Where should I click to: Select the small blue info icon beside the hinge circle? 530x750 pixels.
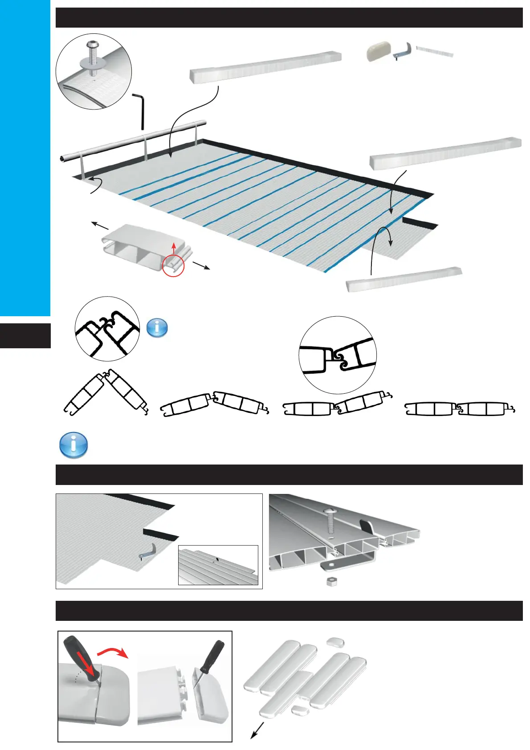click(157, 328)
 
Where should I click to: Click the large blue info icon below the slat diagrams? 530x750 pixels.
click(73, 444)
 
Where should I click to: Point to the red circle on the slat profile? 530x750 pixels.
click(173, 265)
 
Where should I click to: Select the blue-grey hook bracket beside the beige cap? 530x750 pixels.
click(403, 51)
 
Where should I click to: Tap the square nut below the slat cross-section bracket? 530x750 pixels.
click(330, 581)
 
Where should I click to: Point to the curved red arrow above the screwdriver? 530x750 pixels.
click(112, 652)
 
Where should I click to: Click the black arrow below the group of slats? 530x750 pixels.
click(257, 730)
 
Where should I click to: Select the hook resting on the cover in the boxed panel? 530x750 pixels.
click(147, 552)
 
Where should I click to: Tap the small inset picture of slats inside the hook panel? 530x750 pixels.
click(218, 565)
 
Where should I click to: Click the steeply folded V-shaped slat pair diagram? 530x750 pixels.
click(106, 392)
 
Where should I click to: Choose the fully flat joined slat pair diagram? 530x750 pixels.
click(460, 408)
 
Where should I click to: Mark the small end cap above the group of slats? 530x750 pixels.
click(335, 642)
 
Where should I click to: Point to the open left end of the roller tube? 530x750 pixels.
click(62, 158)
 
